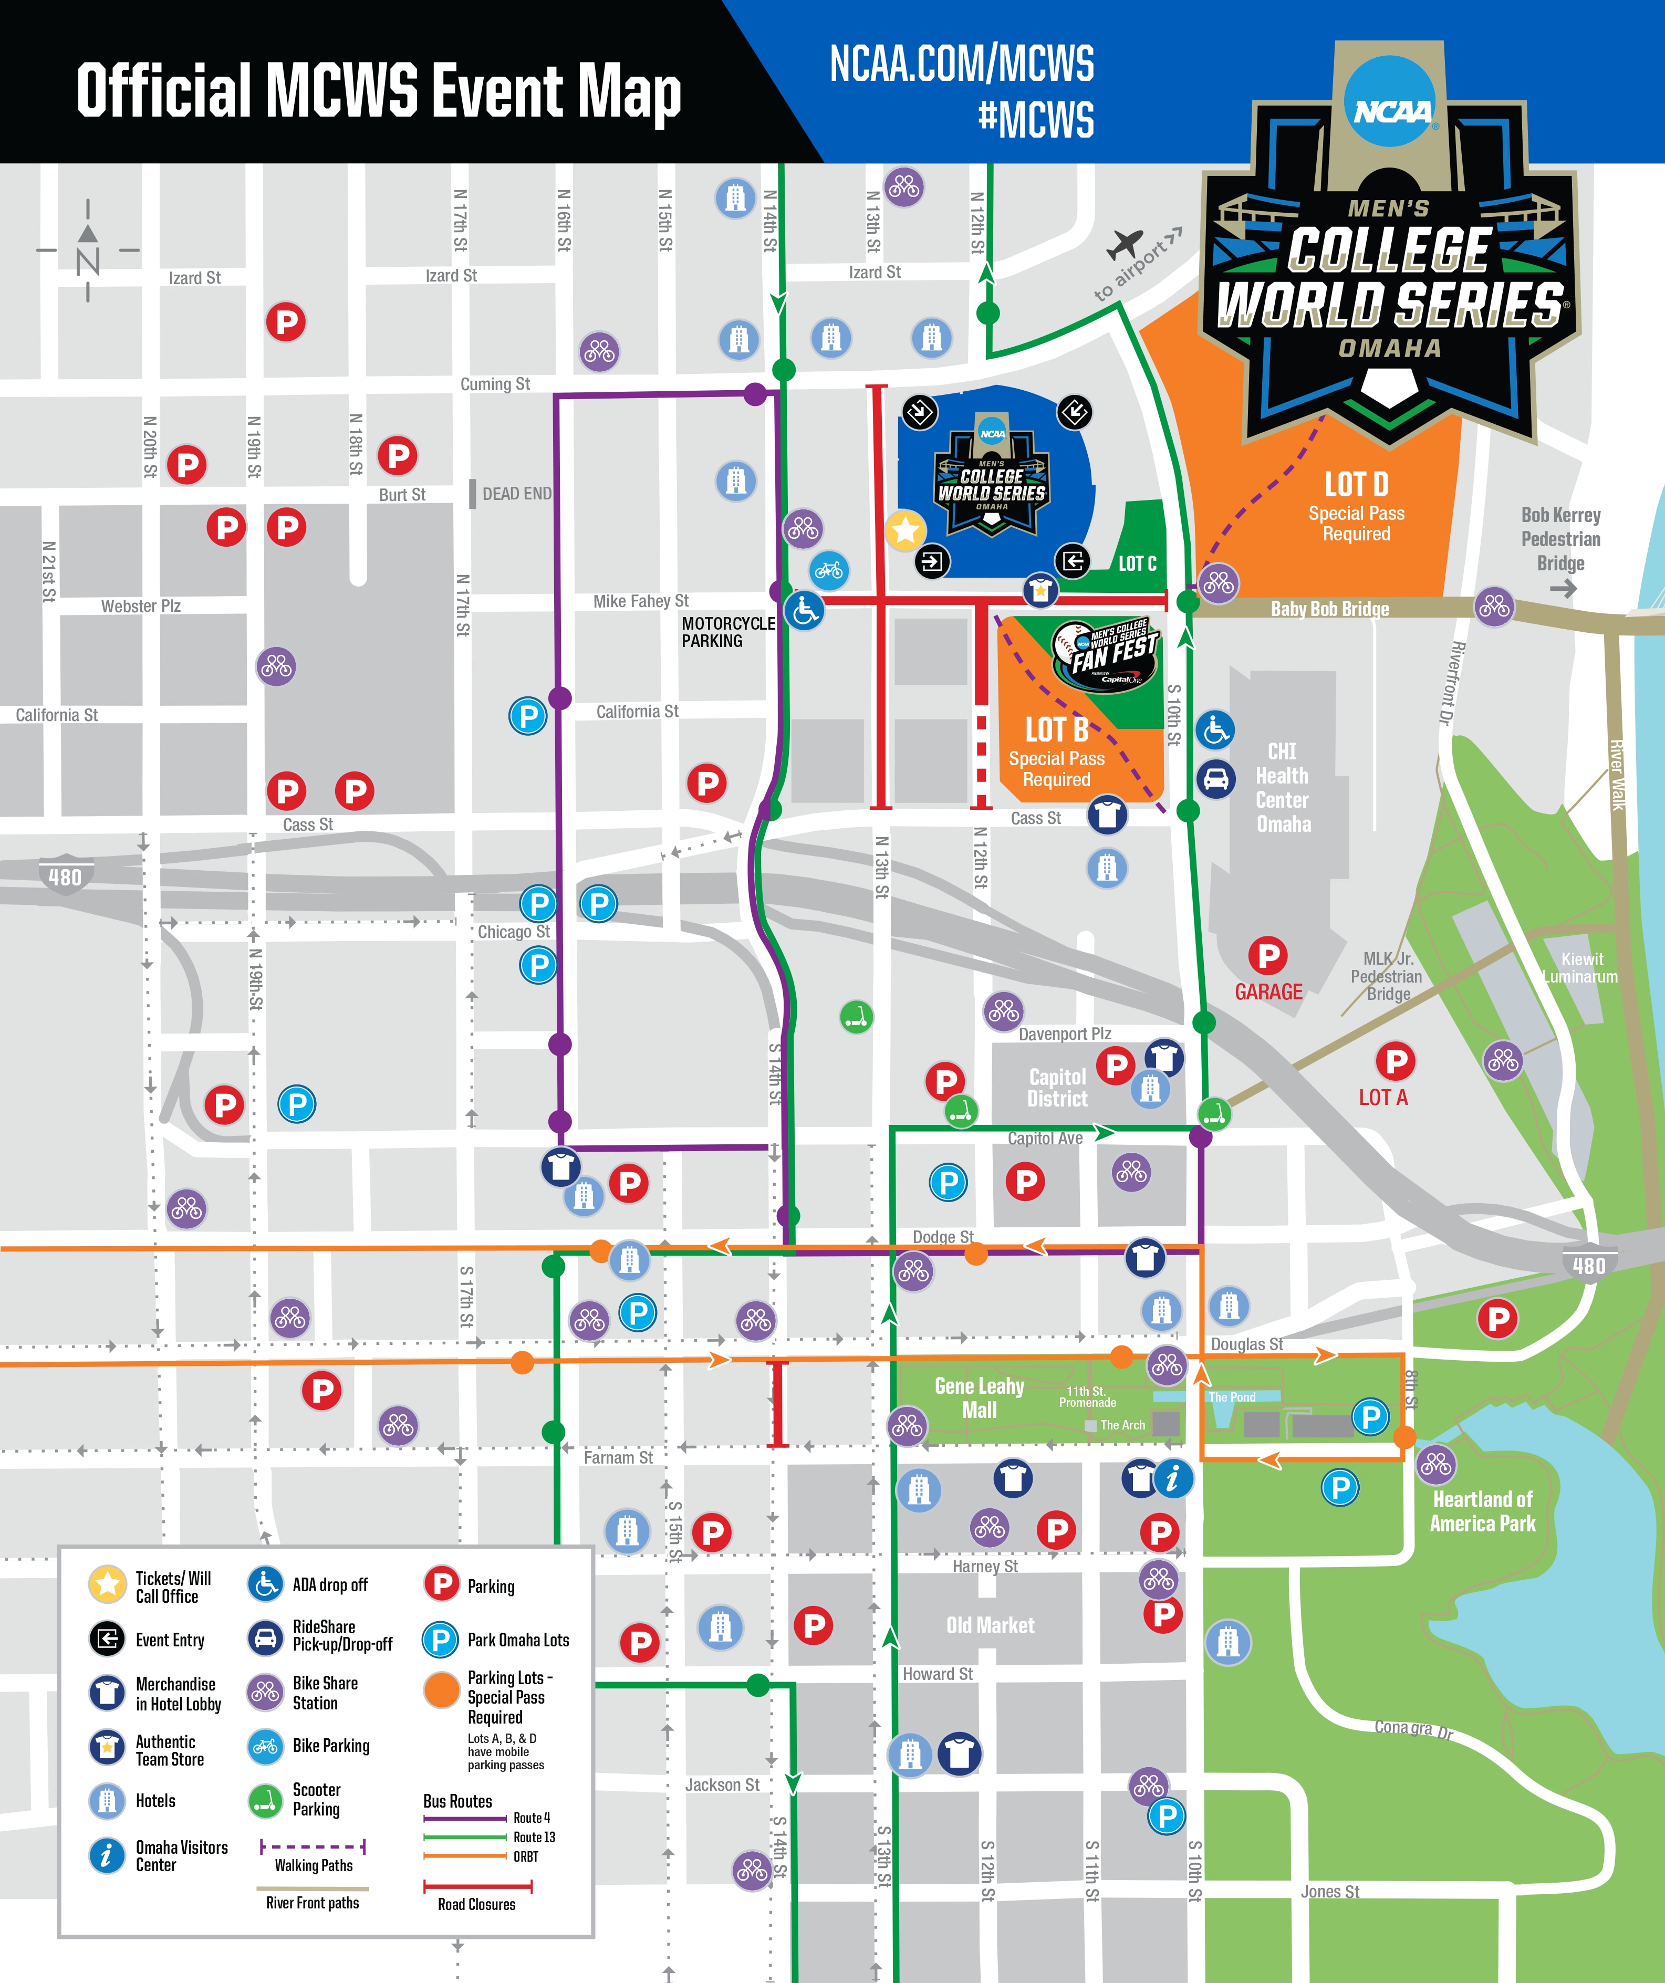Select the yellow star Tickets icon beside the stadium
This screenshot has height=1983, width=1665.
click(905, 530)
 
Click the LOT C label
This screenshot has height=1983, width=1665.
click(1137, 563)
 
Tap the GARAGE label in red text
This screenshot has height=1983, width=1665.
click(1268, 991)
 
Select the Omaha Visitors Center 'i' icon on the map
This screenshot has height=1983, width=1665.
click(1173, 1478)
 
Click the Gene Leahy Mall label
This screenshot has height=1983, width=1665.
click(980, 1397)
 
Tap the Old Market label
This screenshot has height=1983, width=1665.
click(990, 1625)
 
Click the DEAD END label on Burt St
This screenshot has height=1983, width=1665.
click(516, 494)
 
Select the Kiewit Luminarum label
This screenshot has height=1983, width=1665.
click(1581, 968)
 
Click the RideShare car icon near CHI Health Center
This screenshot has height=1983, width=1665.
click(1215, 779)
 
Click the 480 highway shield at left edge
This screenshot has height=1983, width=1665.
click(65, 876)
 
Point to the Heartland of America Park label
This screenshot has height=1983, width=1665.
click(1482, 1511)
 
